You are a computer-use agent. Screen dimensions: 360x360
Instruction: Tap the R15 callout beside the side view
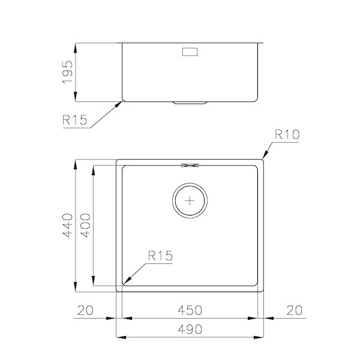[x=74, y=120]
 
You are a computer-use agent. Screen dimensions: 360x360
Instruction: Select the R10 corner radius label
[x=287, y=135]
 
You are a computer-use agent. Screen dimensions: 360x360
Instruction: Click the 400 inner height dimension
[x=86, y=226]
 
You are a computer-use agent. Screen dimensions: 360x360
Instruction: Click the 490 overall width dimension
[x=190, y=329]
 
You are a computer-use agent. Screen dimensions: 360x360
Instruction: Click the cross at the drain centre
[x=190, y=201]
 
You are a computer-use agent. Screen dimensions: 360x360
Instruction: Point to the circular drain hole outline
[x=175, y=201]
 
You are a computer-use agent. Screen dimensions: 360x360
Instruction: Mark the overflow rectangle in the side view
[x=190, y=52]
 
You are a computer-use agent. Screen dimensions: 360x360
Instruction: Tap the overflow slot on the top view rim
[x=191, y=163]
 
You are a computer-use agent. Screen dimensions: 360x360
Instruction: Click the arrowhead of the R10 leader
[x=263, y=158]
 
